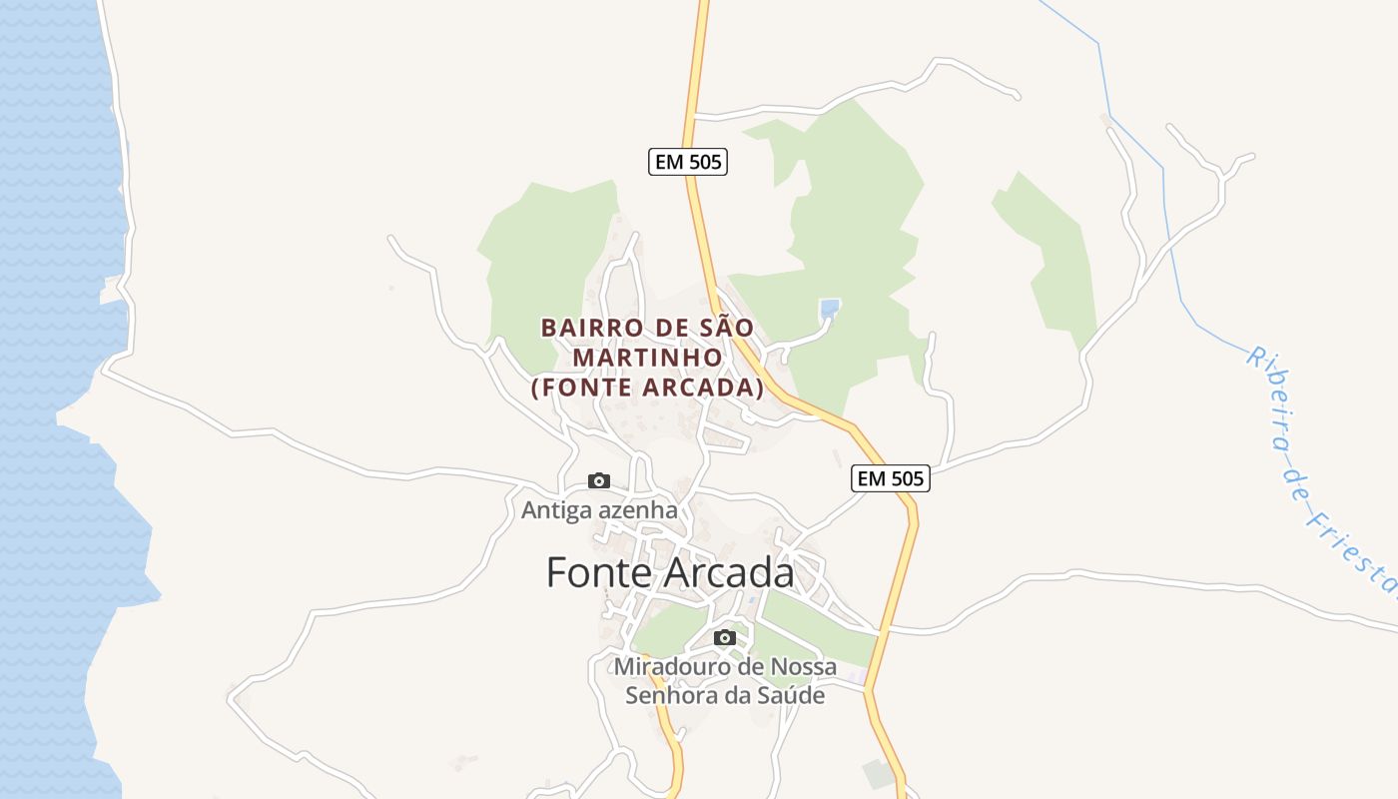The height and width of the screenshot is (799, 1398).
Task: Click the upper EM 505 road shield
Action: click(x=688, y=162)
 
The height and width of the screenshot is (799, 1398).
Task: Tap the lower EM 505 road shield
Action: click(x=891, y=478)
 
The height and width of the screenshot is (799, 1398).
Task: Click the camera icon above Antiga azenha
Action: click(x=598, y=481)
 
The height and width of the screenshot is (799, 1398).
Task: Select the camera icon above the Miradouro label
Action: click(x=725, y=637)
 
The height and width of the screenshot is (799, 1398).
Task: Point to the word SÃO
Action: click(x=728, y=328)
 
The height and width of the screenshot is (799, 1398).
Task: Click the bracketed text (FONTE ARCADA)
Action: click(x=647, y=388)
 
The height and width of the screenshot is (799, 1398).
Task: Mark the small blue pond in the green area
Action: click(x=828, y=310)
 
